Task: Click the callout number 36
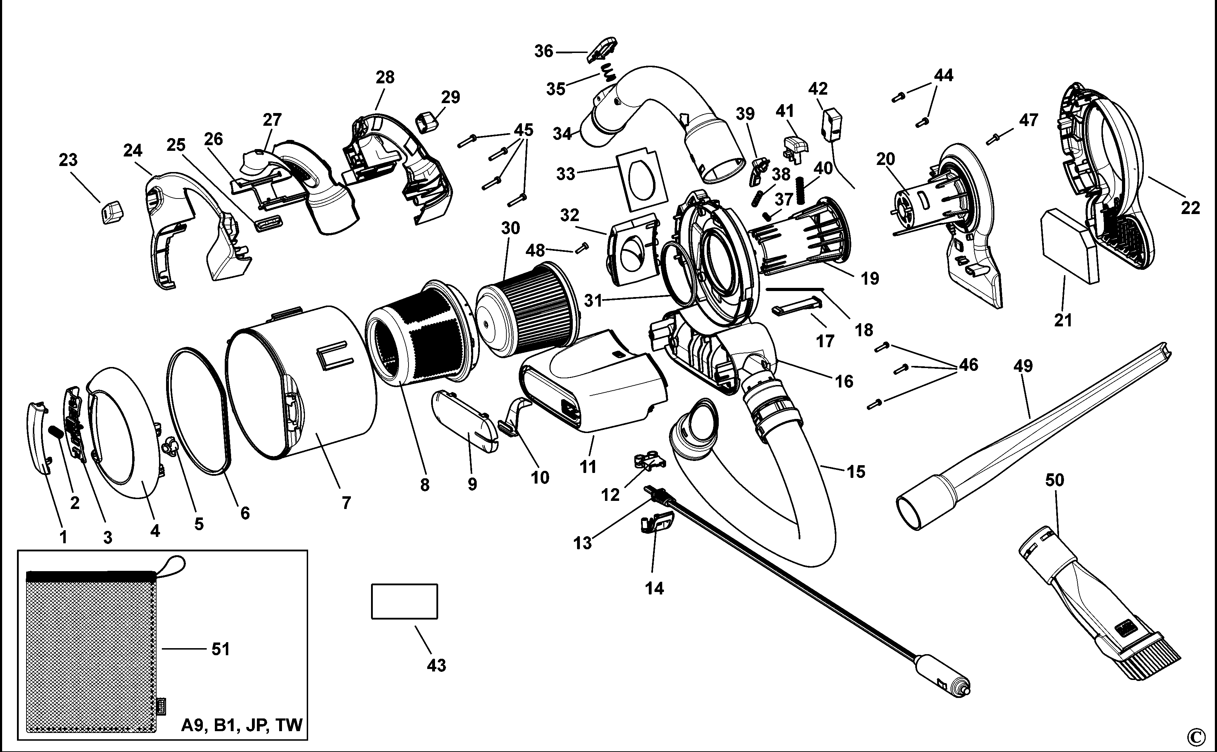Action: [x=544, y=51]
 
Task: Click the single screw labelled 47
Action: [x=993, y=139]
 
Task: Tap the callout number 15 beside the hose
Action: [x=856, y=471]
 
